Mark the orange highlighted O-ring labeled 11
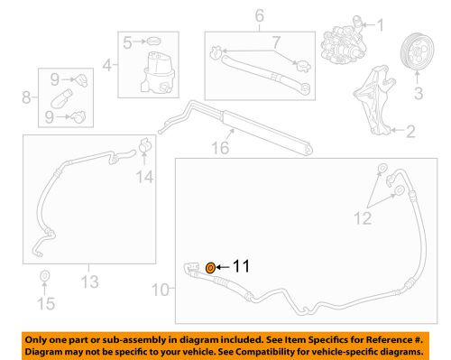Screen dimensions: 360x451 210,267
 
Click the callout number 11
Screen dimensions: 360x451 240,267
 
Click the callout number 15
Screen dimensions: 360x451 43,302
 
